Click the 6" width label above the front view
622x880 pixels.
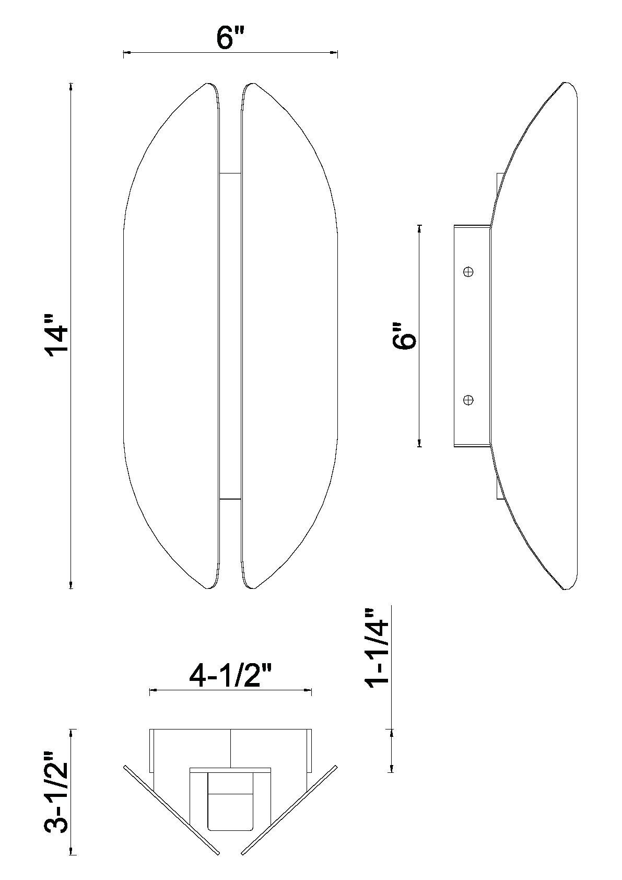230,39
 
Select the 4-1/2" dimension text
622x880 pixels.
230,677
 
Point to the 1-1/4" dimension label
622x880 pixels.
378,649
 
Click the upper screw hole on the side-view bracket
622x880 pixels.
468,271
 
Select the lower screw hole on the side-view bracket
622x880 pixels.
468,400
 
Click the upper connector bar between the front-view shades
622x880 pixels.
230,172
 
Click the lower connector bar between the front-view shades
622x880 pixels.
230,499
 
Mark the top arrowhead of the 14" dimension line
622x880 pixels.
71,87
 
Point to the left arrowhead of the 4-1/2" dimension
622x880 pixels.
152,691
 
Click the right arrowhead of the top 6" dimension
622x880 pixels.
335,52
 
